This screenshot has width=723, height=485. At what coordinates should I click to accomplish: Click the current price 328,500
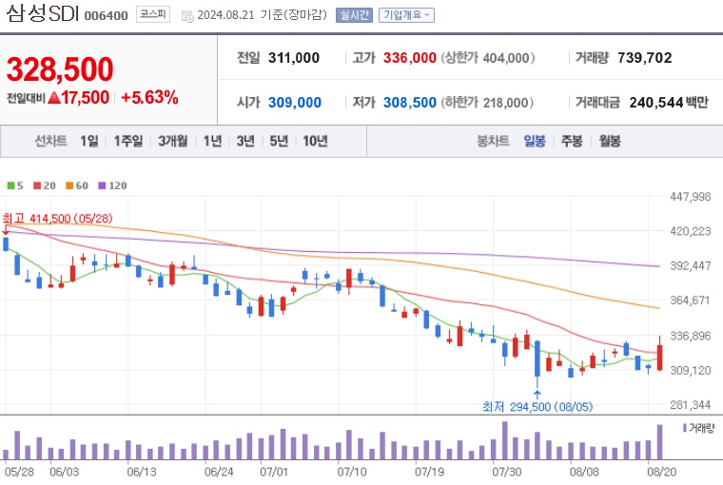pyautogui.click(x=60, y=68)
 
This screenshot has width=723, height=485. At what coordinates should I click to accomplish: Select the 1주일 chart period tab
pyautogui.click(x=127, y=141)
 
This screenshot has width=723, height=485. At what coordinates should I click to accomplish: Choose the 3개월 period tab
pyautogui.click(x=174, y=141)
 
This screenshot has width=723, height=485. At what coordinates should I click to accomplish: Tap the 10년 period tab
pyautogui.click(x=315, y=141)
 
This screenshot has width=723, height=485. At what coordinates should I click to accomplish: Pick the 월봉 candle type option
pyautogui.click(x=609, y=141)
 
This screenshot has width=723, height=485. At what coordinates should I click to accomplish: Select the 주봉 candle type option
pyautogui.click(x=572, y=141)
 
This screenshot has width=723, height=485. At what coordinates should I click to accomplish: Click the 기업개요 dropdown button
pyautogui.click(x=406, y=15)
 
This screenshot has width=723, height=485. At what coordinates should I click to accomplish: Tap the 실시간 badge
pyautogui.click(x=354, y=15)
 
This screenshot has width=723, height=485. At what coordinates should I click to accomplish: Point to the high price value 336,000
pyautogui.click(x=409, y=58)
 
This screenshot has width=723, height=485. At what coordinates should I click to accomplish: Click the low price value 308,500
pyautogui.click(x=409, y=103)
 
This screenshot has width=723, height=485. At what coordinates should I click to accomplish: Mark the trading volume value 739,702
pyautogui.click(x=644, y=58)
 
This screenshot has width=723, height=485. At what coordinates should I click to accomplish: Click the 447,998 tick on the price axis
pyautogui.click(x=691, y=197)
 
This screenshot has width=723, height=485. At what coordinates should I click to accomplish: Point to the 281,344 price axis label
pyautogui.click(x=691, y=405)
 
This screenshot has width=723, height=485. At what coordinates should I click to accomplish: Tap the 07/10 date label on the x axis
pyautogui.click(x=352, y=471)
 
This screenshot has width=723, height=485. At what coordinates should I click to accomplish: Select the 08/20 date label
pyautogui.click(x=661, y=471)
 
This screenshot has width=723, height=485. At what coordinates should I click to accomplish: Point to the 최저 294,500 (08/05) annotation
pyautogui.click(x=537, y=407)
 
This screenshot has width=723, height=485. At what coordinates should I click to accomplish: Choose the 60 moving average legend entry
pyautogui.click(x=77, y=185)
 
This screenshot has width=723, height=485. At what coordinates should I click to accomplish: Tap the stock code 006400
pyautogui.click(x=106, y=15)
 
